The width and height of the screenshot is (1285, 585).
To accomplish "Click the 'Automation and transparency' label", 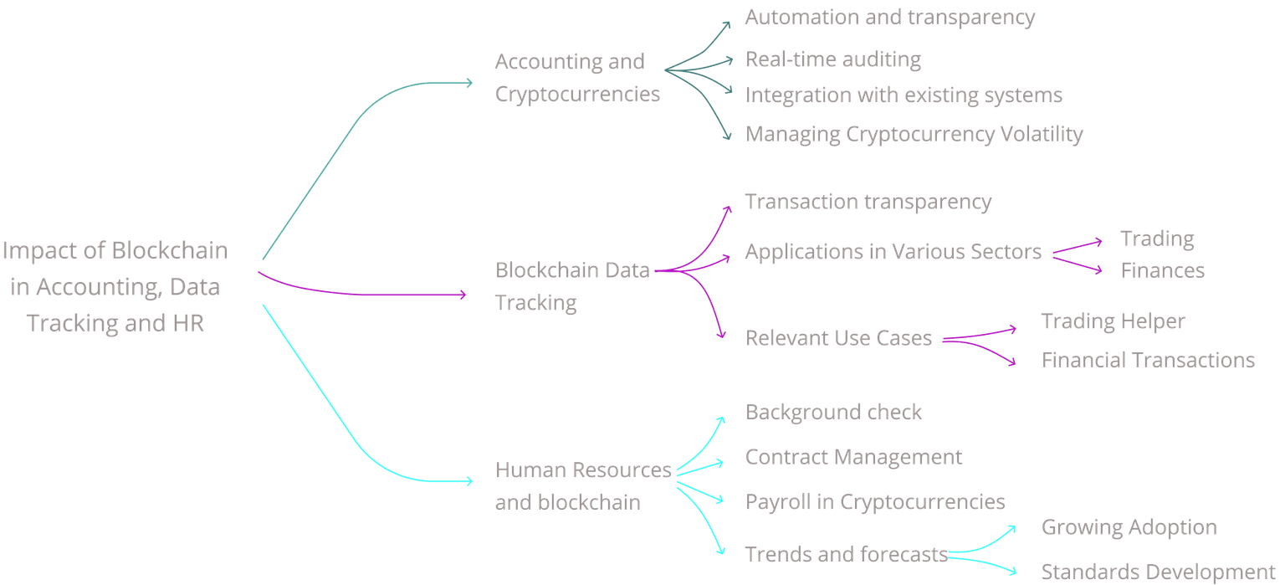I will [889, 18].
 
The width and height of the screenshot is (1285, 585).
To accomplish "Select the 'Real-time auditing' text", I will [832, 59].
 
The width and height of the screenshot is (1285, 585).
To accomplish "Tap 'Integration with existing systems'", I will [904, 95].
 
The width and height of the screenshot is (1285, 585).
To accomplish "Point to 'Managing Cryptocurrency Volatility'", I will [914, 134].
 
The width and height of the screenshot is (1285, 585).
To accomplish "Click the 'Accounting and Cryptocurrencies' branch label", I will [577, 78].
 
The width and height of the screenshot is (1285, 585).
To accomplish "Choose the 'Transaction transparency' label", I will [868, 202].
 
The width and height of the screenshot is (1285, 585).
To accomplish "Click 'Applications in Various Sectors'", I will [893, 251].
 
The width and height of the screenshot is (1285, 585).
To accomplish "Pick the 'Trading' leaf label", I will [1157, 239].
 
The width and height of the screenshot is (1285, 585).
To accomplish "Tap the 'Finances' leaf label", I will [1162, 270].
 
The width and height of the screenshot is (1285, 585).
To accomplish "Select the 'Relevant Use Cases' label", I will [838, 338].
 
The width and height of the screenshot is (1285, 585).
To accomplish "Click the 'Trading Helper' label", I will [1113, 321].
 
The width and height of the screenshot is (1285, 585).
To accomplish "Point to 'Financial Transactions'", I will [1148, 360].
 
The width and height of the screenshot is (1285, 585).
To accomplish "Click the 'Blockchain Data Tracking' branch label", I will [573, 286].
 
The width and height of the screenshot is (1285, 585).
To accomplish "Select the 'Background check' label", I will [833, 412].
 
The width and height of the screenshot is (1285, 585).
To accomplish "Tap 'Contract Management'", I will [853, 457].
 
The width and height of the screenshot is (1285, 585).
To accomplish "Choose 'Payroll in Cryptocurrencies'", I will [875, 501].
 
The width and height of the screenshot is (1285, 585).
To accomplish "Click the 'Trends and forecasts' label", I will [845, 554].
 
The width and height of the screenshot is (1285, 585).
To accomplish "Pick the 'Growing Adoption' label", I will [1129, 527].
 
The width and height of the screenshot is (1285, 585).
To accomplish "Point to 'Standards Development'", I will [1158, 572].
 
